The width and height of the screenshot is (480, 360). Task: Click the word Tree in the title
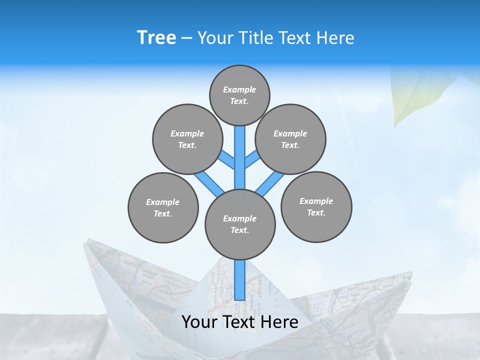(156, 38)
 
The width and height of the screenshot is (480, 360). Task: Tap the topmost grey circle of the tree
(239, 95)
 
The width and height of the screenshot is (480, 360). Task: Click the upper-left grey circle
(187, 139)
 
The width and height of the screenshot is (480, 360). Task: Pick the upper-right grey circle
(290, 139)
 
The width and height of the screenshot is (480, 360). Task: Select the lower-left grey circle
(163, 207)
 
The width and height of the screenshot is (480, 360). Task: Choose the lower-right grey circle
(316, 206)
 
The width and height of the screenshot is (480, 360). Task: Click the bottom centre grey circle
(240, 224)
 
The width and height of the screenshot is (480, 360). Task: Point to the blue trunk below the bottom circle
(240, 280)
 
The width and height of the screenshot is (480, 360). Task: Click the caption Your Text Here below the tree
(240, 322)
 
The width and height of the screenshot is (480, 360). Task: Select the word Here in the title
(336, 38)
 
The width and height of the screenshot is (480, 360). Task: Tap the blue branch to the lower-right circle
(270, 184)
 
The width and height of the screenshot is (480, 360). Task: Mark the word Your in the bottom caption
(199, 322)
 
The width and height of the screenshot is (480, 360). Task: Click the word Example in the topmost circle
(239, 89)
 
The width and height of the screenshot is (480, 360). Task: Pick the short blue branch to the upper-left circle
(228, 160)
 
